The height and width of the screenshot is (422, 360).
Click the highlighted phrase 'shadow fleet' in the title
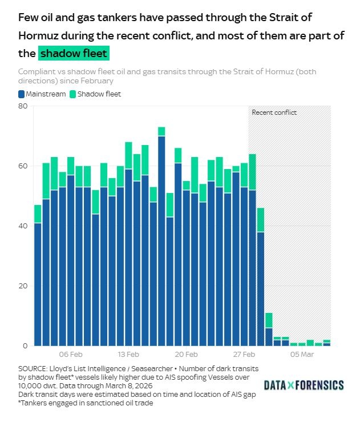(74, 54)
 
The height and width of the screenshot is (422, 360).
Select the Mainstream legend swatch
(22, 94)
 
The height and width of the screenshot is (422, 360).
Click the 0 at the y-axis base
(25, 345)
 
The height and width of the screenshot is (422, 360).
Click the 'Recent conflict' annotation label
(274, 112)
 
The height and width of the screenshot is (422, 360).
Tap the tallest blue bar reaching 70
(161, 240)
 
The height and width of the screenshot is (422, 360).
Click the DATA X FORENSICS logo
(304, 385)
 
